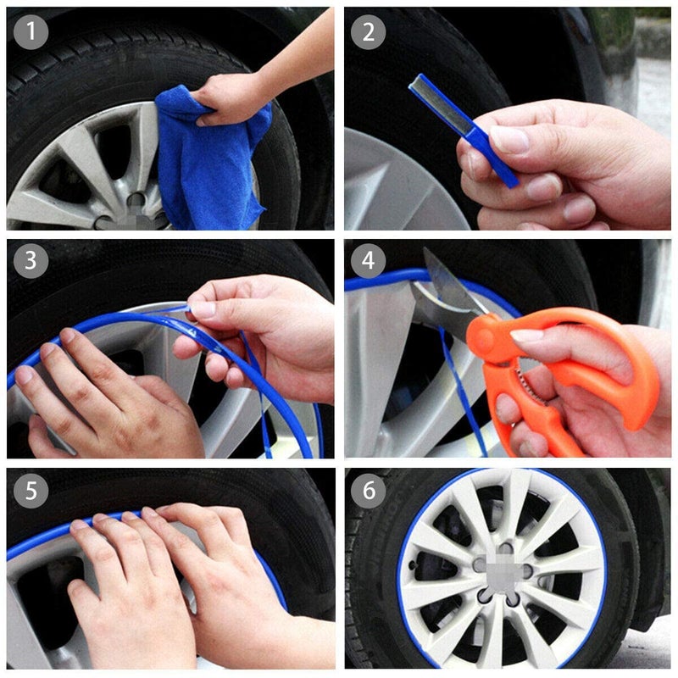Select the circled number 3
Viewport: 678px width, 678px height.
pyautogui.click(x=31, y=261)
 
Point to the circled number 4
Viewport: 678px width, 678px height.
pyautogui.click(x=369, y=261)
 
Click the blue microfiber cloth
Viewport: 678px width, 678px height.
pyautogui.click(x=203, y=161)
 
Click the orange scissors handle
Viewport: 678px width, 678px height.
pyautogui.click(x=593, y=373)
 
